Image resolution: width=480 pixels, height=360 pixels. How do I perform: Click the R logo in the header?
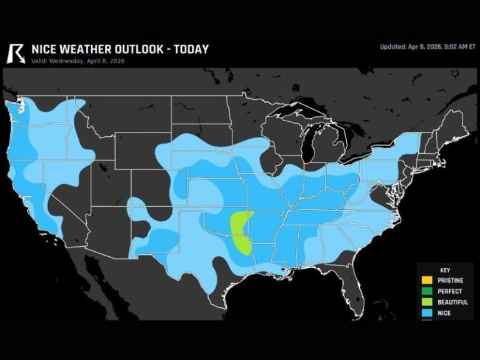pos(15,52)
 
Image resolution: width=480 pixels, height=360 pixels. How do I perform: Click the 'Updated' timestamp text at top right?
pos(427,47)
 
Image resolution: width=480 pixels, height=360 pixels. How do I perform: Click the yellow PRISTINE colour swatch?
pos(427,281)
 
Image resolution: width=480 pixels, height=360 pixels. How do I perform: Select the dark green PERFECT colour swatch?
pos(427,291)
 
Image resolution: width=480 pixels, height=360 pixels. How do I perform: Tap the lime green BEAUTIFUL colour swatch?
pos(427,302)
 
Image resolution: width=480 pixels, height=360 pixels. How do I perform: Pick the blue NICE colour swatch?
pos(427,312)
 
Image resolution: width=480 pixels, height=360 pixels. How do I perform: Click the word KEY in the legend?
pos(444,270)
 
